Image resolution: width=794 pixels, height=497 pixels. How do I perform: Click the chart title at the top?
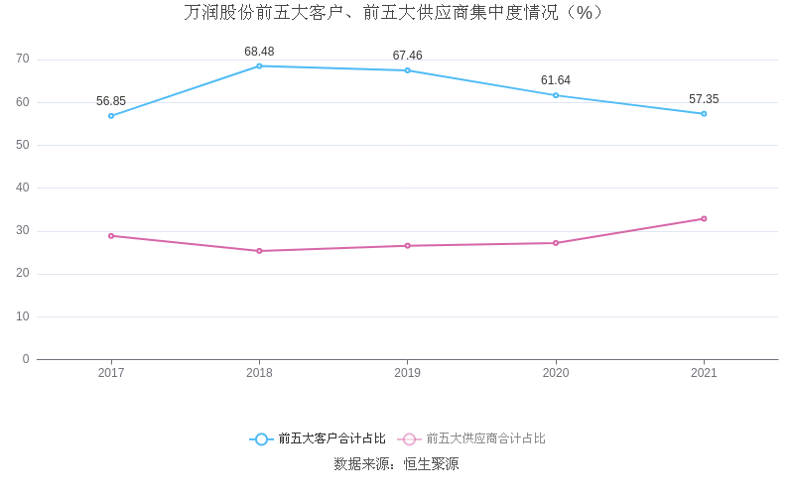pyautogui.click(x=394, y=13)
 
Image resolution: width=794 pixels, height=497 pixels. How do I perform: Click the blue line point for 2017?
pyautogui.click(x=111, y=116)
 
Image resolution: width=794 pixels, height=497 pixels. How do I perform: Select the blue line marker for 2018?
pyautogui.click(x=259, y=66)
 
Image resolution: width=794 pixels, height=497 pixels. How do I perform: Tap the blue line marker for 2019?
pyautogui.click(x=407, y=70)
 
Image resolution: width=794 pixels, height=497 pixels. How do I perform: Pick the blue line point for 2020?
pyautogui.click(x=556, y=95)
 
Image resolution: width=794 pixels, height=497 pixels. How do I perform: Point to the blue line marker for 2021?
pyautogui.click(x=704, y=113)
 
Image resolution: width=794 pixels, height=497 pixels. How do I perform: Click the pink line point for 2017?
pyautogui.click(x=111, y=236)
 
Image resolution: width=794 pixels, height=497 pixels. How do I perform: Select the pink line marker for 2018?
pyautogui.click(x=259, y=251)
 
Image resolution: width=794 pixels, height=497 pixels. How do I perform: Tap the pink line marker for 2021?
pyautogui.click(x=704, y=219)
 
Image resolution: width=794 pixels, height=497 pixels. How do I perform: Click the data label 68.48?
pyautogui.click(x=259, y=52)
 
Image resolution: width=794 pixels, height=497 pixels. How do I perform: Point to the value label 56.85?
pyautogui.click(x=111, y=101)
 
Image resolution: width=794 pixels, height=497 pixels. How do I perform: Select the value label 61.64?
pyautogui.click(x=556, y=80)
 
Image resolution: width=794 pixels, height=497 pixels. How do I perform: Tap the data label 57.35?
pyautogui.click(x=704, y=99)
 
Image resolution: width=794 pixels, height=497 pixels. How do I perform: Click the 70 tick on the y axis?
pyautogui.click(x=23, y=60)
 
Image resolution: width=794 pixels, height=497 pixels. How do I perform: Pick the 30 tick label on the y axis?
pyautogui.click(x=23, y=231)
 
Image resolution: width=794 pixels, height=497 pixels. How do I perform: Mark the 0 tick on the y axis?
pyautogui.click(x=26, y=359)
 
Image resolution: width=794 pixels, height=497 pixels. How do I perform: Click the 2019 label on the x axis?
pyautogui.click(x=407, y=373)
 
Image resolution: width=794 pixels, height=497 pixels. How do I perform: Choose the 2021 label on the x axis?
pyautogui.click(x=704, y=373)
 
